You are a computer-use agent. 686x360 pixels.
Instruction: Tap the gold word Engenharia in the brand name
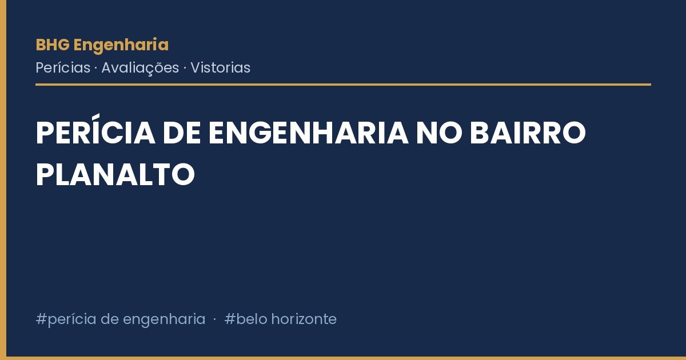[121, 46]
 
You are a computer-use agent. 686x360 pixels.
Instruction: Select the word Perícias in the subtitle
[63, 67]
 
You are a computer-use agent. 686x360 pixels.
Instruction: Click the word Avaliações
[140, 68]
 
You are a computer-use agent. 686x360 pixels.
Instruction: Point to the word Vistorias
[221, 67]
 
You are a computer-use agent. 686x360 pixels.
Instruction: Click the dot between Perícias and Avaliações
[96, 68]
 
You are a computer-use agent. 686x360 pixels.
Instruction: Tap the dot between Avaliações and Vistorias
[185, 68]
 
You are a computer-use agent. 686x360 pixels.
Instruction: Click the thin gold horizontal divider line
[344, 85]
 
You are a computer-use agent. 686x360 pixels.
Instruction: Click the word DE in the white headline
[182, 133]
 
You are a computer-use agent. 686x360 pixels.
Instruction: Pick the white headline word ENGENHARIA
[308, 133]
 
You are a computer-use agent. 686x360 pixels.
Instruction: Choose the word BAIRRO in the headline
[528, 133]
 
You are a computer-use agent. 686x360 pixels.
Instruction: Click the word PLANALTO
[115, 174]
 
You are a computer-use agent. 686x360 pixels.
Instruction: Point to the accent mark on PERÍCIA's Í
[97, 117]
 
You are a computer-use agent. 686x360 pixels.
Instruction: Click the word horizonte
[304, 319]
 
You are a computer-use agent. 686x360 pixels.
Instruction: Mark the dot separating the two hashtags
[215, 319]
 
